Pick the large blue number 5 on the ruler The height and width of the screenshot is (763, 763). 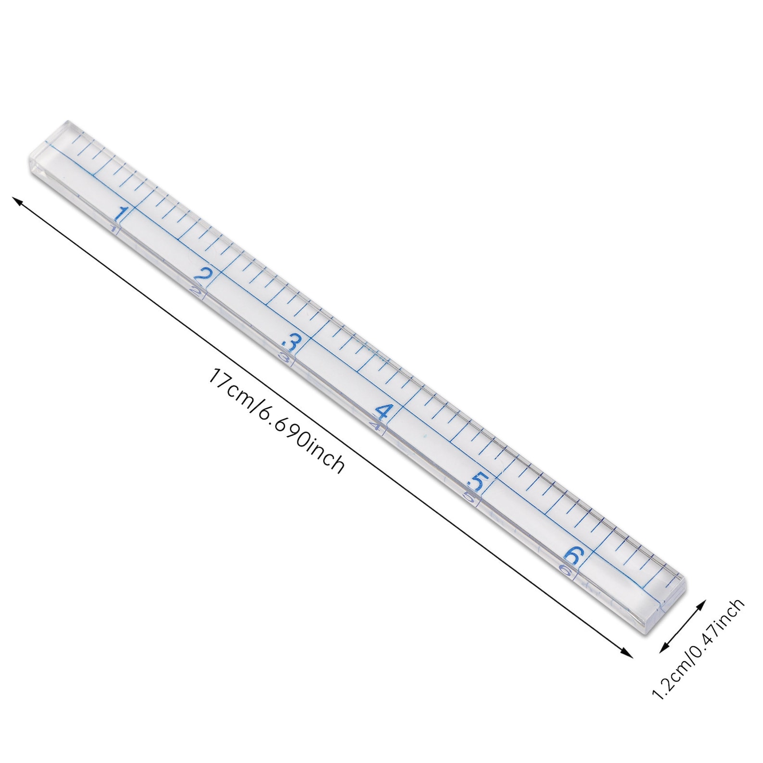[477, 481]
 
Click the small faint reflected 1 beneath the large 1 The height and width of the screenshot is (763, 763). [113, 228]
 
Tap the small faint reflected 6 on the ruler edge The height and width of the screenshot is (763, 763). [566, 571]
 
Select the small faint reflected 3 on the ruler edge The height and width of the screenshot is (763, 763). [285, 357]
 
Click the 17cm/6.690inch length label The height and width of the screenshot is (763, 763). [276, 420]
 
